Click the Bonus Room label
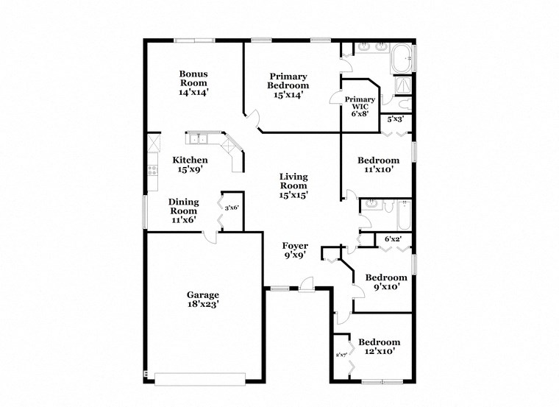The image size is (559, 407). point(193,83)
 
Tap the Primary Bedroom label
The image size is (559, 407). point(288,85)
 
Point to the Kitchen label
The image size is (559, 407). point(190,164)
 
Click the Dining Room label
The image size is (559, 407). point(183,210)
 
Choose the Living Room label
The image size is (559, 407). point(293,185)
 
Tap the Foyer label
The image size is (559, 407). point(295,250)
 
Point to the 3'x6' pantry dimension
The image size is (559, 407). point(232,208)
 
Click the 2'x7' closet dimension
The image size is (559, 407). point(341,355)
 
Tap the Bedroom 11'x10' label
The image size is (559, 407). point(378,165)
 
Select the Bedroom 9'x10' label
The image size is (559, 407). point(381,282)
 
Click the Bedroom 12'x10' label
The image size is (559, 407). point(379,347)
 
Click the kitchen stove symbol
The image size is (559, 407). point(152,171)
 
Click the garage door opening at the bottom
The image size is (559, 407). point(199,378)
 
